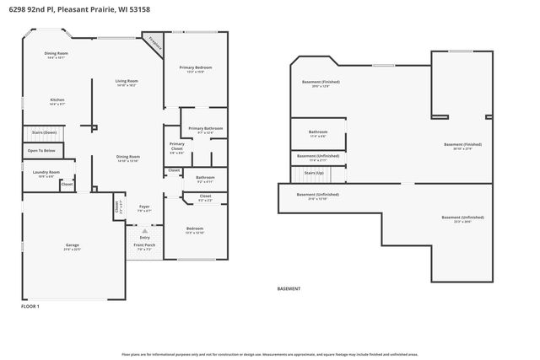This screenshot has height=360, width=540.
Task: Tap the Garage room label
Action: [x=72, y=247]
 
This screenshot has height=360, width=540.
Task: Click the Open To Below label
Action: [x=41, y=151]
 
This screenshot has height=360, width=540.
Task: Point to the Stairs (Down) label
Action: [x=44, y=132]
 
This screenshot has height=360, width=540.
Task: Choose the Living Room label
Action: [x=127, y=83]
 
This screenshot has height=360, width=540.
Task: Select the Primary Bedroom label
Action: [x=195, y=68]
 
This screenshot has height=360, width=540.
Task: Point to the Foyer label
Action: [x=144, y=207]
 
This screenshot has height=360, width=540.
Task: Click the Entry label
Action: [x=144, y=238]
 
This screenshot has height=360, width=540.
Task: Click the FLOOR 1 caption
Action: [x=30, y=307]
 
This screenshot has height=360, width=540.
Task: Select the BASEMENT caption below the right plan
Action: [x=289, y=288]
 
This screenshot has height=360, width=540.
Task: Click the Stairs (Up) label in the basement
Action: [x=313, y=173]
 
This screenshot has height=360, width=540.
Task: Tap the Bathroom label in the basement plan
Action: [x=318, y=133]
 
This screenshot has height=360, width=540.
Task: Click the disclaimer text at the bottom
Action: [x=270, y=355]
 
